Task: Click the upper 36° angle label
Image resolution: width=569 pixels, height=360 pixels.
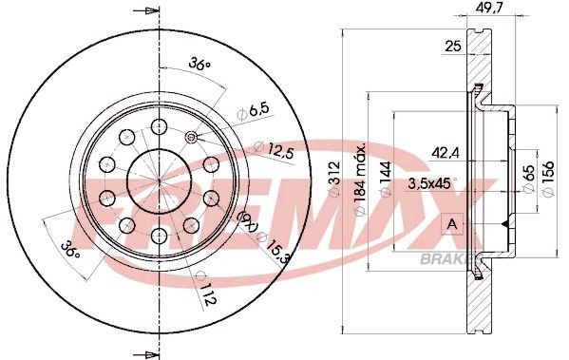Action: [199, 64]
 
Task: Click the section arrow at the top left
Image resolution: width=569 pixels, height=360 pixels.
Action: [145, 11]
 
